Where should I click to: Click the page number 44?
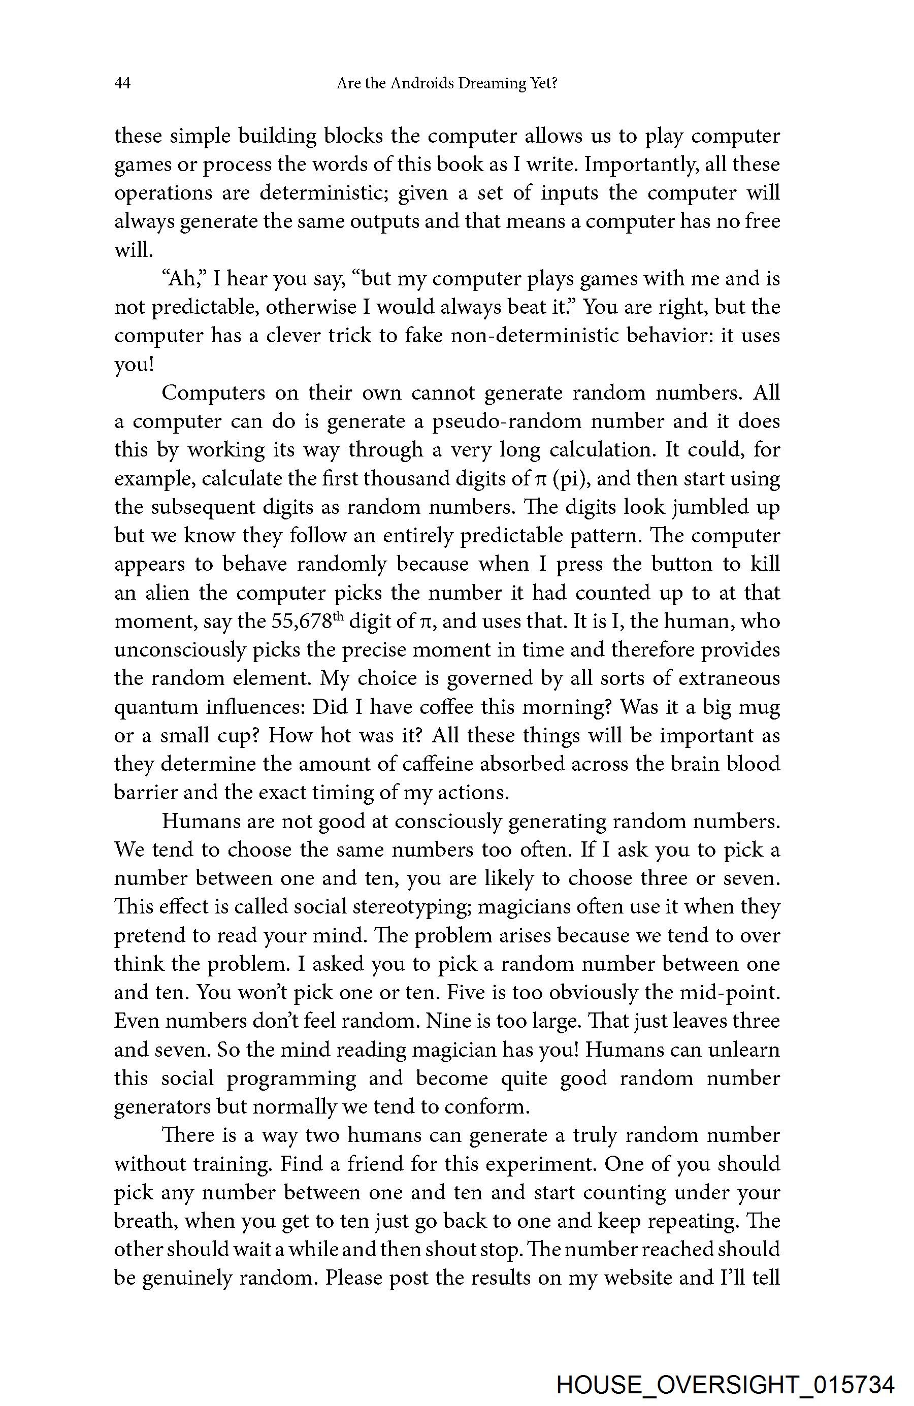tap(122, 83)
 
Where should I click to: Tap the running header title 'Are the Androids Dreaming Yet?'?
tap(447, 83)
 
